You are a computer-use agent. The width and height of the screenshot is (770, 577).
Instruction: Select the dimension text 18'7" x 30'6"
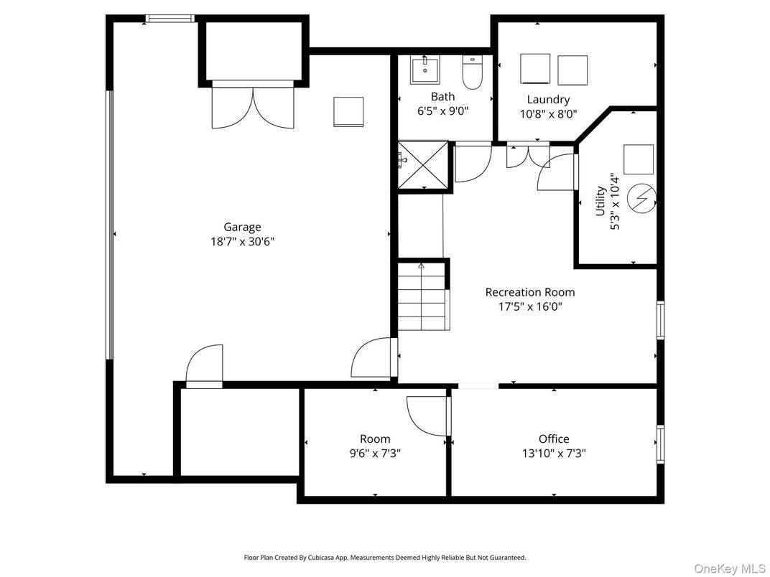coord(238,242)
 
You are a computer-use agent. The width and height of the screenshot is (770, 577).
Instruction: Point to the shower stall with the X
coord(423,165)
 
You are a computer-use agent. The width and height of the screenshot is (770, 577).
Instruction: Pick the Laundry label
coord(548,100)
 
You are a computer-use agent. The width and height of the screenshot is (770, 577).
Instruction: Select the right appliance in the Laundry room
coord(572,70)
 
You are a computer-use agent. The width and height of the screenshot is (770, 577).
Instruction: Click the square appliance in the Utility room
coord(639,159)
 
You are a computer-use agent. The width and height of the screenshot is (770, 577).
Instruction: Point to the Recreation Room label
coord(530,292)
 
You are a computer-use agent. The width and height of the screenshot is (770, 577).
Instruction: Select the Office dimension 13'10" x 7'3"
coord(554,454)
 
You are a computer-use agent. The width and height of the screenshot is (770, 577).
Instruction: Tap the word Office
coord(554,438)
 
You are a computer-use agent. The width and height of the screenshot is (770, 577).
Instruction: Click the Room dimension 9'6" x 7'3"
coord(375,454)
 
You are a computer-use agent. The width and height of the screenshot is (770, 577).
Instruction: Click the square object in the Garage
coord(348,111)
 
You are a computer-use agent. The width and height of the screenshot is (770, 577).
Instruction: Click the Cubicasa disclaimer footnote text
coord(385,557)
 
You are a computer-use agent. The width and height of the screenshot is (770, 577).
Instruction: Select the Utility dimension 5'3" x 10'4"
coord(614,201)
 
